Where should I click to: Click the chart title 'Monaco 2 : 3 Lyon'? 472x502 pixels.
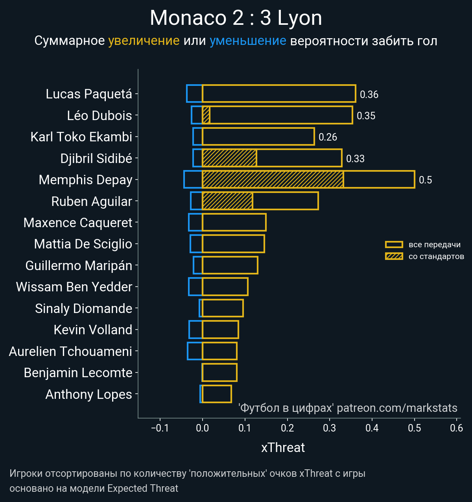(x=236, y=18)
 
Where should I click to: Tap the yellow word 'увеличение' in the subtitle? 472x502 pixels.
(x=144, y=41)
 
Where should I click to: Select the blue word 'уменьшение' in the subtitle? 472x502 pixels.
(x=248, y=41)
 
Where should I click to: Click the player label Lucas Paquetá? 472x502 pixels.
(x=89, y=94)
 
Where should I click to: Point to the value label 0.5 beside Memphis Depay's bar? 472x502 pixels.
(x=425, y=180)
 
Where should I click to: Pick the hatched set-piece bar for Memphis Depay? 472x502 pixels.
(x=273, y=180)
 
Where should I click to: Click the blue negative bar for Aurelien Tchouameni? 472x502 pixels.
(x=195, y=351)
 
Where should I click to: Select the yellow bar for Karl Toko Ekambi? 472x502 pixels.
(x=258, y=137)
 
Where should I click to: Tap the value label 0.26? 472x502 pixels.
(x=328, y=137)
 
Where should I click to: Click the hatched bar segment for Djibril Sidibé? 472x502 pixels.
(x=229, y=158)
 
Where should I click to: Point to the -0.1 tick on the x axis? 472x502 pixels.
(x=160, y=428)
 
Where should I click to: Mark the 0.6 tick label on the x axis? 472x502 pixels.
(x=456, y=428)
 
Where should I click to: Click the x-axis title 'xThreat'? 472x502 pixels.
(x=283, y=448)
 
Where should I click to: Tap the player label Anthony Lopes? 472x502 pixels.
(x=89, y=394)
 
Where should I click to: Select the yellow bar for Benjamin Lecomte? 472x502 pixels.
(x=219, y=372)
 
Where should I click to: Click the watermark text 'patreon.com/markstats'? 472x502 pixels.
(x=397, y=408)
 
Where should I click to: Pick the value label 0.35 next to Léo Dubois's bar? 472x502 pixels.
(x=366, y=116)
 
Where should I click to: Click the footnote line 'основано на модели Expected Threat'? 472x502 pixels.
(x=94, y=489)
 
